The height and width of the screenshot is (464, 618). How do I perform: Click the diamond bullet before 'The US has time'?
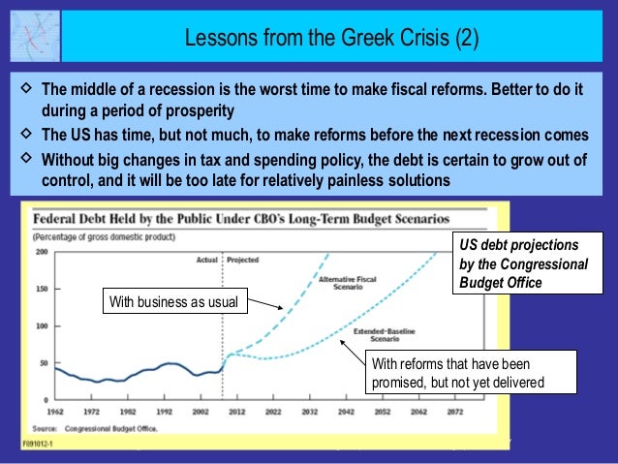click(x=25, y=134)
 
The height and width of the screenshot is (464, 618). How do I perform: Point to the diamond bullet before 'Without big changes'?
click(x=25, y=157)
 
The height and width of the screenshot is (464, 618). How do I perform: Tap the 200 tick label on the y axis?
click(x=42, y=251)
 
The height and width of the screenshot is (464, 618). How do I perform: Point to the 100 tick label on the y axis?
click(x=42, y=325)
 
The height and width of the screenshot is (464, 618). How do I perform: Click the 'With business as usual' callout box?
click(x=175, y=303)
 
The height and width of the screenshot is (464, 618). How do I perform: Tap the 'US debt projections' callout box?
click(x=518, y=263)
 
